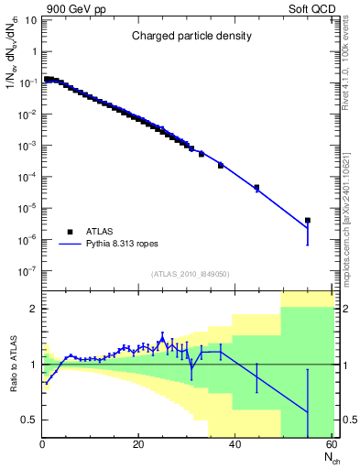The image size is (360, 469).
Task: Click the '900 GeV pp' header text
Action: [x=71, y=8]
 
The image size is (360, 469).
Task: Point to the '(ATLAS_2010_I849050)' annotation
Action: [x=191, y=273]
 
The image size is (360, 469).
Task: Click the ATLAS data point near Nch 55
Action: [x=308, y=220]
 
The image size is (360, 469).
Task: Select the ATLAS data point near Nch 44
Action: [x=256, y=188]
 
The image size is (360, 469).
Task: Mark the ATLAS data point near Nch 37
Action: [x=221, y=165]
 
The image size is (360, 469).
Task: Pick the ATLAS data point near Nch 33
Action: [x=202, y=154]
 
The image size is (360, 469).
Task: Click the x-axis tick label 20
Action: [x=138, y=445]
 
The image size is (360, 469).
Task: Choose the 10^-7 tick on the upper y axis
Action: [x=27, y=271]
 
